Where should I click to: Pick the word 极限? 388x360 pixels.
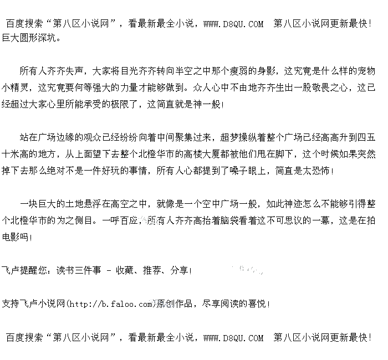(x=122, y=104)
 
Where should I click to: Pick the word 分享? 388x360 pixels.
(x=179, y=271)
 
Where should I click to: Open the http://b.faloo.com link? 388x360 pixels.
(x=110, y=304)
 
